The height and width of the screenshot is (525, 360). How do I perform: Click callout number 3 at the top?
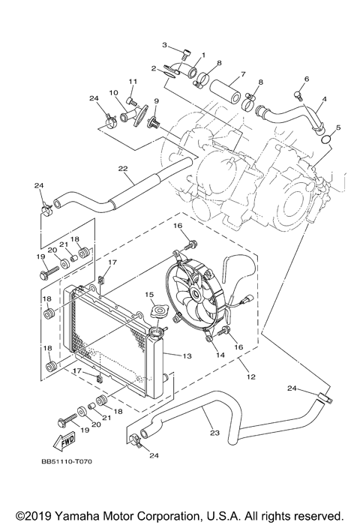click(x=165, y=46)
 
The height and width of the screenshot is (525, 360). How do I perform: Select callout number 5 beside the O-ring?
click(x=338, y=127)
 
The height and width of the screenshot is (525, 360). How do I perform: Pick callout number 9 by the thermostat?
click(x=157, y=100)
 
